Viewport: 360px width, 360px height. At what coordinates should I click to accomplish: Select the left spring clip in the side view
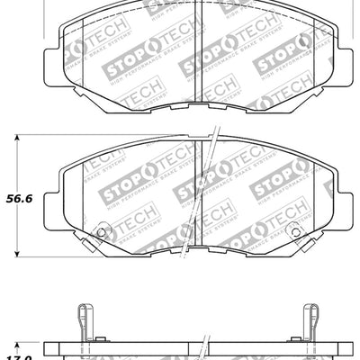click(83, 319)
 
